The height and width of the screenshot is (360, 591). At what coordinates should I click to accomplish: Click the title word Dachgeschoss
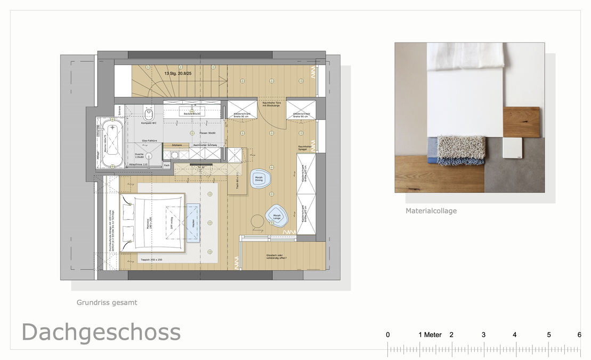pos(101,332)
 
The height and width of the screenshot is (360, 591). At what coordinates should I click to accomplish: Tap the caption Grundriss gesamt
pos(107,302)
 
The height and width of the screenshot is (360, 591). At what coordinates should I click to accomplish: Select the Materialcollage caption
pos(431,211)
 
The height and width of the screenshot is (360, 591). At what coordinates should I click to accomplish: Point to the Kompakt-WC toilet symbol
pos(149,115)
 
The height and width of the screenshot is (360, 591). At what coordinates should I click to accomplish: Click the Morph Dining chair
pos(259,179)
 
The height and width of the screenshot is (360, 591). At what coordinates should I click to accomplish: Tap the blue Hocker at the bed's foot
pos(192,223)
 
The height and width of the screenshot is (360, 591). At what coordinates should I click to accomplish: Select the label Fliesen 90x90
pos(200,133)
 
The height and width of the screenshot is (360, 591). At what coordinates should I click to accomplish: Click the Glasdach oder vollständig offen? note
pos(277,257)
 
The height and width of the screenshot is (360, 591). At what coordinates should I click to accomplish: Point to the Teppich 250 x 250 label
pos(151,260)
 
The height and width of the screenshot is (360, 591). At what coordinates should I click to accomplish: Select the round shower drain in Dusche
pos(150,156)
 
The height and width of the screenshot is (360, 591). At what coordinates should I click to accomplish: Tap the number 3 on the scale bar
pos(483,335)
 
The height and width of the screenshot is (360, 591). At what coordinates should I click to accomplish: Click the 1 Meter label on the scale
pos(430,335)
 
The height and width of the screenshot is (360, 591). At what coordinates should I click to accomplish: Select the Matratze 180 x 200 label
pos(151,222)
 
